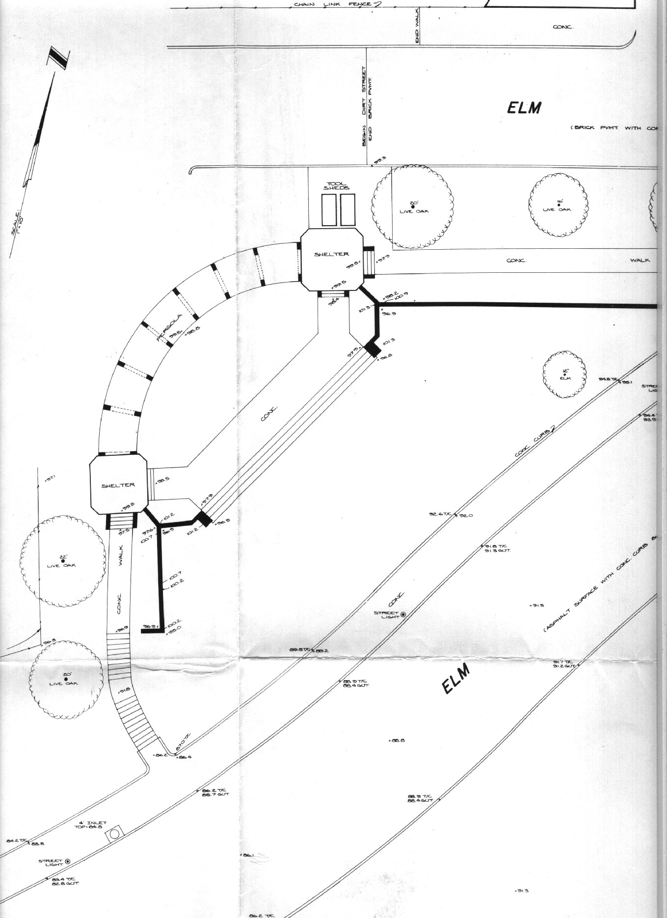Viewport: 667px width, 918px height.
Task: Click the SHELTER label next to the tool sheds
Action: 332,254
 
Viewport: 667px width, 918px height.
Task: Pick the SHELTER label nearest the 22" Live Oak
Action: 118,485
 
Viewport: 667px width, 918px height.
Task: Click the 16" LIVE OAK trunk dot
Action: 559,205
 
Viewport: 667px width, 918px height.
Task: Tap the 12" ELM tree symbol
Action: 564,374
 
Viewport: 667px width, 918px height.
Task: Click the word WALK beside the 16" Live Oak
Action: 640,260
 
